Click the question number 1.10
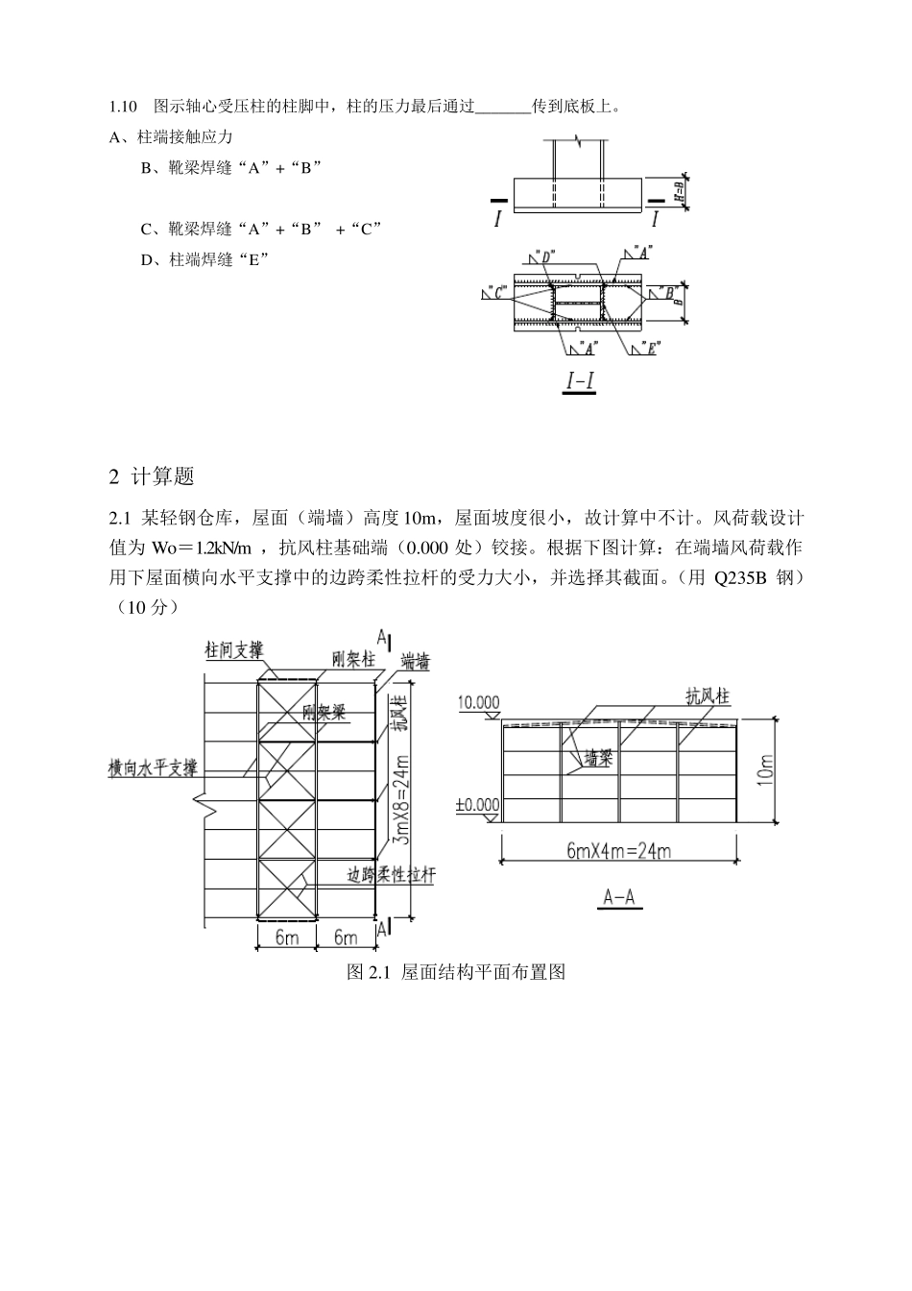pos(125,105)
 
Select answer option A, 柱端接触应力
pos(172,137)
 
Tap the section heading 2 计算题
pos(153,475)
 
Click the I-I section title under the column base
pos(579,381)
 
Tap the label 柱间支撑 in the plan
pos(233,649)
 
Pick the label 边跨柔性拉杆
pos(391,875)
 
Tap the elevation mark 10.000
pos(478,702)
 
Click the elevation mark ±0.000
pos(478,805)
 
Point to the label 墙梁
pos(599,758)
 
